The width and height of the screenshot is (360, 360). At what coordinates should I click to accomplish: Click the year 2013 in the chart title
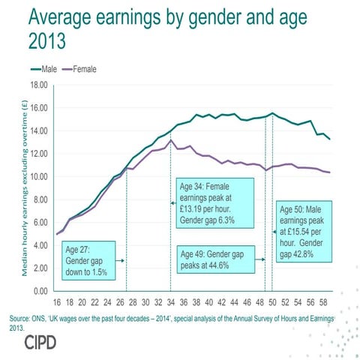click(54, 41)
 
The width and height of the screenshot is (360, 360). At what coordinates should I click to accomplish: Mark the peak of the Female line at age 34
click(171, 140)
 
